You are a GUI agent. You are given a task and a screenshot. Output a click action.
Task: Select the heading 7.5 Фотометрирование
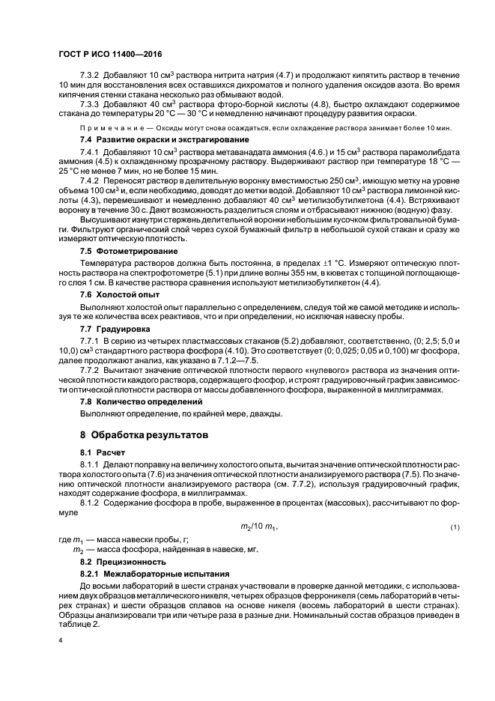tap(129, 250)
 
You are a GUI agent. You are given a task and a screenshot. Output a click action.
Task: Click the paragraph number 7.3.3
tap(89, 103)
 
